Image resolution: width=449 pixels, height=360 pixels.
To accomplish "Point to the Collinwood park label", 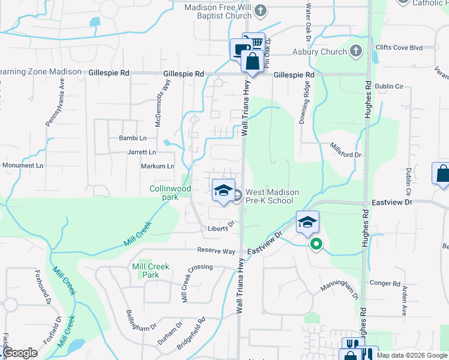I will tap(170, 193).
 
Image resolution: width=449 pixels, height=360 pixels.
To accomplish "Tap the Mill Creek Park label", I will tap(151, 270).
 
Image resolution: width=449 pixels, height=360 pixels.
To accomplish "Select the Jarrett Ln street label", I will tap(142, 152).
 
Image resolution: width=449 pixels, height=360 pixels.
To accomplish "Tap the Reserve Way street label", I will tap(217, 251).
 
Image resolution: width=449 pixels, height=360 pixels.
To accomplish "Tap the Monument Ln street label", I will tap(23, 165).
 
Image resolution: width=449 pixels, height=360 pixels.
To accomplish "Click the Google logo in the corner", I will tap(19, 353).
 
